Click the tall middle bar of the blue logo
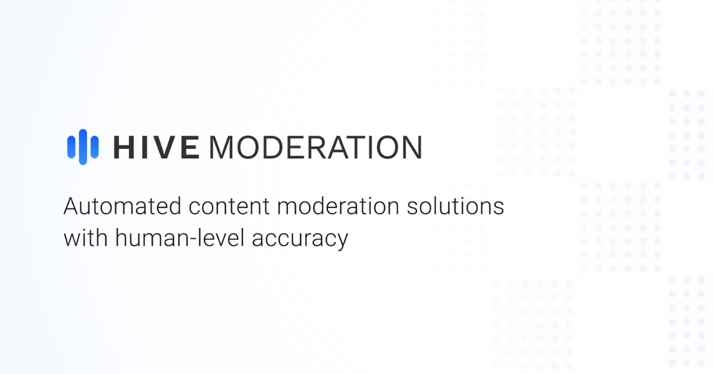click(83, 147)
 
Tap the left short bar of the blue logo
click(71, 147)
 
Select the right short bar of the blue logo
click(95, 147)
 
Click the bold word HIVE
click(156, 147)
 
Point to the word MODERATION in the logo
click(316, 147)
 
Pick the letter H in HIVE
click(125, 147)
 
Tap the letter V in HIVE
click(166, 147)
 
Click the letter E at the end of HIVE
click(190, 147)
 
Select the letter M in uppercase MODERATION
click(222, 147)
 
